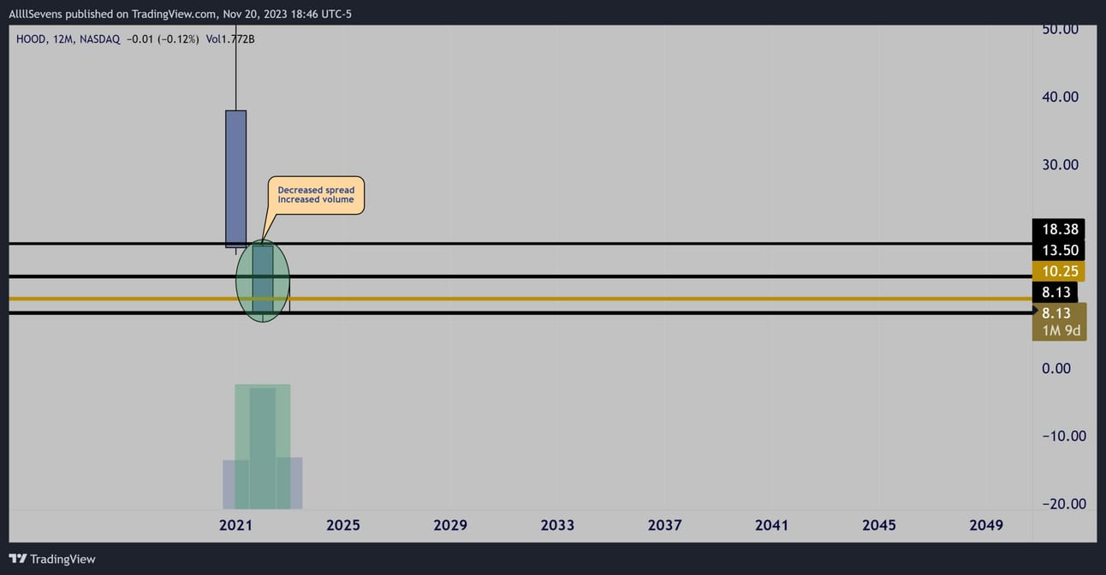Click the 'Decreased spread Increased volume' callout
click(x=316, y=195)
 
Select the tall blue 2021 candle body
click(x=236, y=179)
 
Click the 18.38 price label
click(x=1058, y=229)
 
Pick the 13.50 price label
click(x=1058, y=250)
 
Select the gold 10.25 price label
click(x=1058, y=271)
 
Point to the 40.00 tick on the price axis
click(x=1060, y=97)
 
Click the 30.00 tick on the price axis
click(x=1060, y=165)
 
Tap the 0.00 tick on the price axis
click(x=1056, y=369)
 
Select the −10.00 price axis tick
click(x=1064, y=436)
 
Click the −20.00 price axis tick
click(x=1064, y=504)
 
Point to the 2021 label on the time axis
click(x=235, y=525)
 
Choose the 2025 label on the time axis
click(x=343, y=525)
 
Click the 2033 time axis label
click(x=557, y=525)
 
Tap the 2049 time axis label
click(x=986, y=525)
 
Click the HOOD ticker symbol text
click(x=31, y=39)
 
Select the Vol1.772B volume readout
click(x=230, y=39)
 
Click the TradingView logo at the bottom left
click(x=52, y=559)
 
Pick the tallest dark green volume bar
click(x=263, y=448)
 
